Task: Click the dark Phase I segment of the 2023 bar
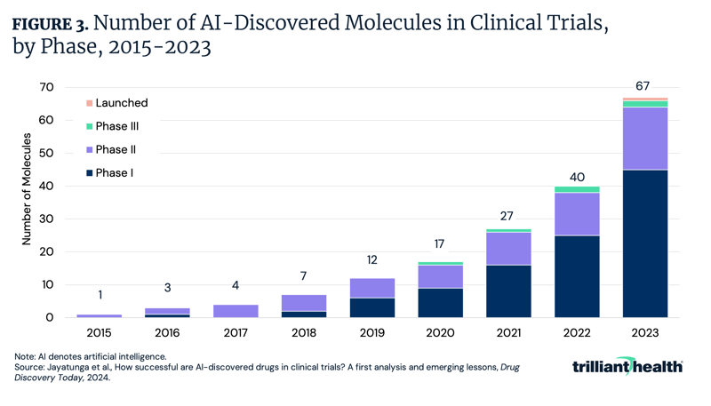click(x=644, y=243)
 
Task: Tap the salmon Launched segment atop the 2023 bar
click(x=644, y=100)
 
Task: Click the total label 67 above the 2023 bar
click(x=644, y=86)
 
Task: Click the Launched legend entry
click(x=121, y=103)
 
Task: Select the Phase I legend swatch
click(x=89, y=173)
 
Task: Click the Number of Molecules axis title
click(x=27, y=189)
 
